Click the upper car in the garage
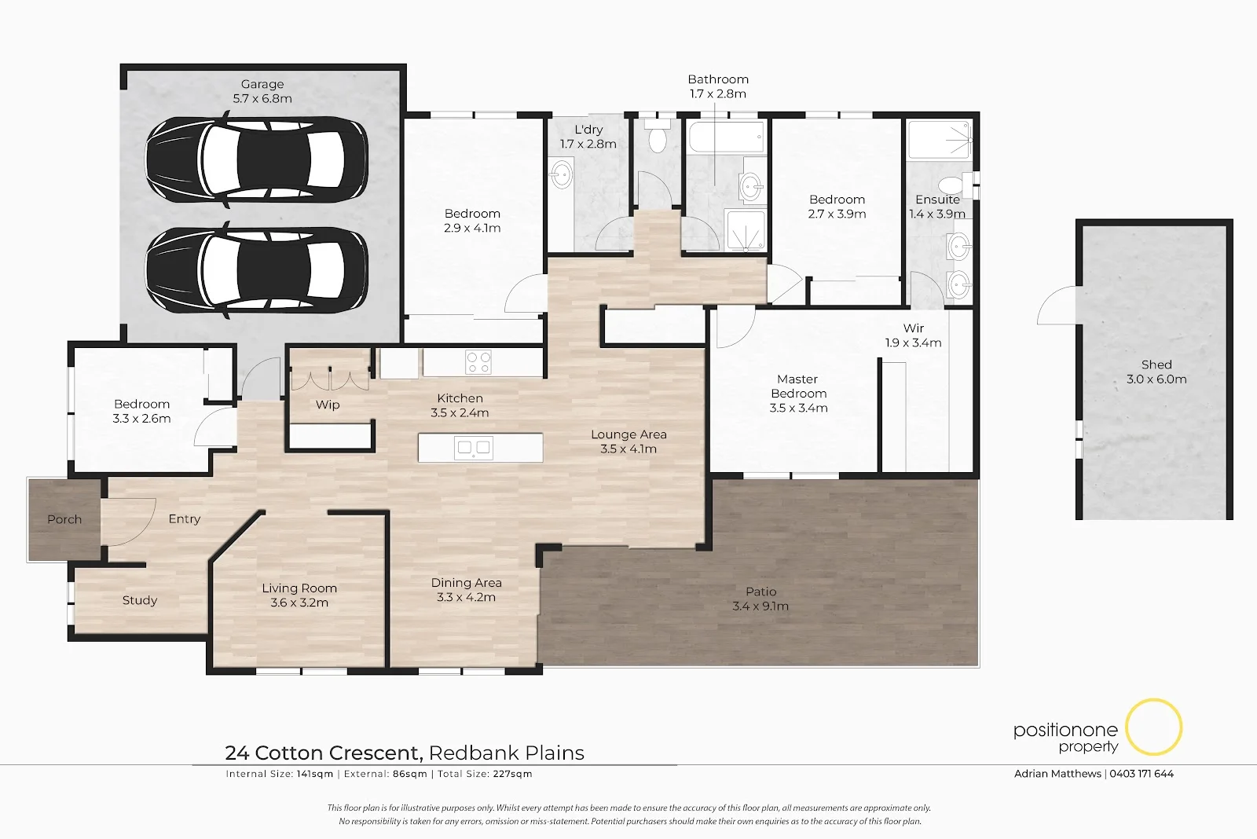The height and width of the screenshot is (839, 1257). click(256, 160)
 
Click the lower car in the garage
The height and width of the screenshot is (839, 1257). click(256, 270)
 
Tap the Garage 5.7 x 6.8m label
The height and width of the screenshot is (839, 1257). click(262, 91)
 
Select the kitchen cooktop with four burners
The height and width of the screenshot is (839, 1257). click(478, 362)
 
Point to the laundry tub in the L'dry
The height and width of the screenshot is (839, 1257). click(562, 174)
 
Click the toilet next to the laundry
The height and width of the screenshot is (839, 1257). click(657, 138)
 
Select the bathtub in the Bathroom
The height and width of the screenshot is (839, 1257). click(726, 138)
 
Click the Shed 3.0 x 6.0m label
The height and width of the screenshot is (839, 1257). click(1156, 372)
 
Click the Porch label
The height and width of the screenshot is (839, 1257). click(64, 519)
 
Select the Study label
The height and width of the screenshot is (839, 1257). click(140, 600)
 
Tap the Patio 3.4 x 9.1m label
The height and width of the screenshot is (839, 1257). click(760, 599)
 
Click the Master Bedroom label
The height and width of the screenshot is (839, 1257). click(798, 393)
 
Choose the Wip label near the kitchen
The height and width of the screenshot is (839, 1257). click(328, 405)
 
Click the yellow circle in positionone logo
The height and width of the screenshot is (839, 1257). click(1153, 727)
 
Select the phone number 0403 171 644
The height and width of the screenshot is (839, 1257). click(1142, 774)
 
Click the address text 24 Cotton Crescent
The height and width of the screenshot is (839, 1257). click(324, 753)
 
